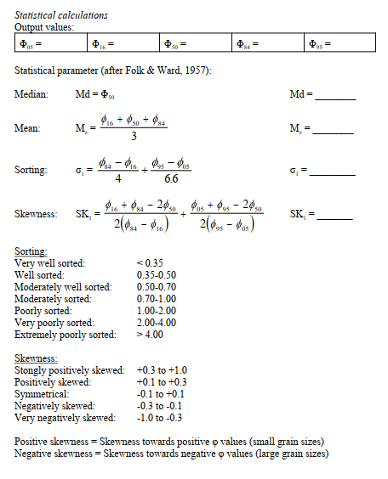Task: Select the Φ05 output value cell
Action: (51, 43)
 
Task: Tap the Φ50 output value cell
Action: (196, 43)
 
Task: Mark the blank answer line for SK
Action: (334, 217)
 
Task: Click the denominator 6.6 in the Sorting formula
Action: (170, 180)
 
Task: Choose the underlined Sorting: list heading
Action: (32, 253)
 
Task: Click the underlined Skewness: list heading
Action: (38, 359)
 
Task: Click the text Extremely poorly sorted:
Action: (66, 335)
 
